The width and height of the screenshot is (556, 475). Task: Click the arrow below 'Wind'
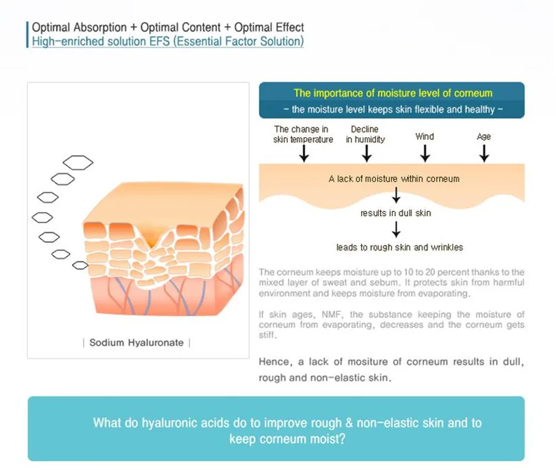pyautogui.click(x=425, y=153)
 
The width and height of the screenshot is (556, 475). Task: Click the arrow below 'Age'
pyautogui.click(x=484, y=153)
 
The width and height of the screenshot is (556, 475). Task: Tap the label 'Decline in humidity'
pyautogui.click(x=365, y=134)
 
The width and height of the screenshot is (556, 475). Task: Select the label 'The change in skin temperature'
pyautogui.click(x=303, y=134)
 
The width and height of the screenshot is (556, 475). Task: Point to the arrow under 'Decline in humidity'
pyautogui.click(x=366, y=153)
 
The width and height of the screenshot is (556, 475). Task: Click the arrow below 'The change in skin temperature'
pyautogui.click(x=304, y=153)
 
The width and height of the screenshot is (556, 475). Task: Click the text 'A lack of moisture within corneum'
pyautogui.click(x=394, y=178)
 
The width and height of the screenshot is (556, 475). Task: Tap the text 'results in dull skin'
pyautogui.click(x=396, y=213)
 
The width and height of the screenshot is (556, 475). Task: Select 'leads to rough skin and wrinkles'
pyautogui.click(x=399, y=247)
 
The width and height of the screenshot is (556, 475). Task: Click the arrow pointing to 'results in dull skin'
pyautogui.click(x=396, y=195)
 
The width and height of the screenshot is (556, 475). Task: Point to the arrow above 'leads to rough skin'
pyautogui.click(x=396, y=229)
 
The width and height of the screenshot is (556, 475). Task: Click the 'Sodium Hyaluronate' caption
pyautogui.click(x=136, y=343)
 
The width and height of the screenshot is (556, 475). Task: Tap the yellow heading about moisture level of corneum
pyautogui.click(x=393, y=93)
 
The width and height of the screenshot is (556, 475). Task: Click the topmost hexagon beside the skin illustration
pyautogui.click(x=78, y=162)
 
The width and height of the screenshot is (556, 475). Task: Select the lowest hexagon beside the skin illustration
pyautogui.click(x=80, y=265)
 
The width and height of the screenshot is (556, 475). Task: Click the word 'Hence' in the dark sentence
pyautogui.click(x=272, y=362)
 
